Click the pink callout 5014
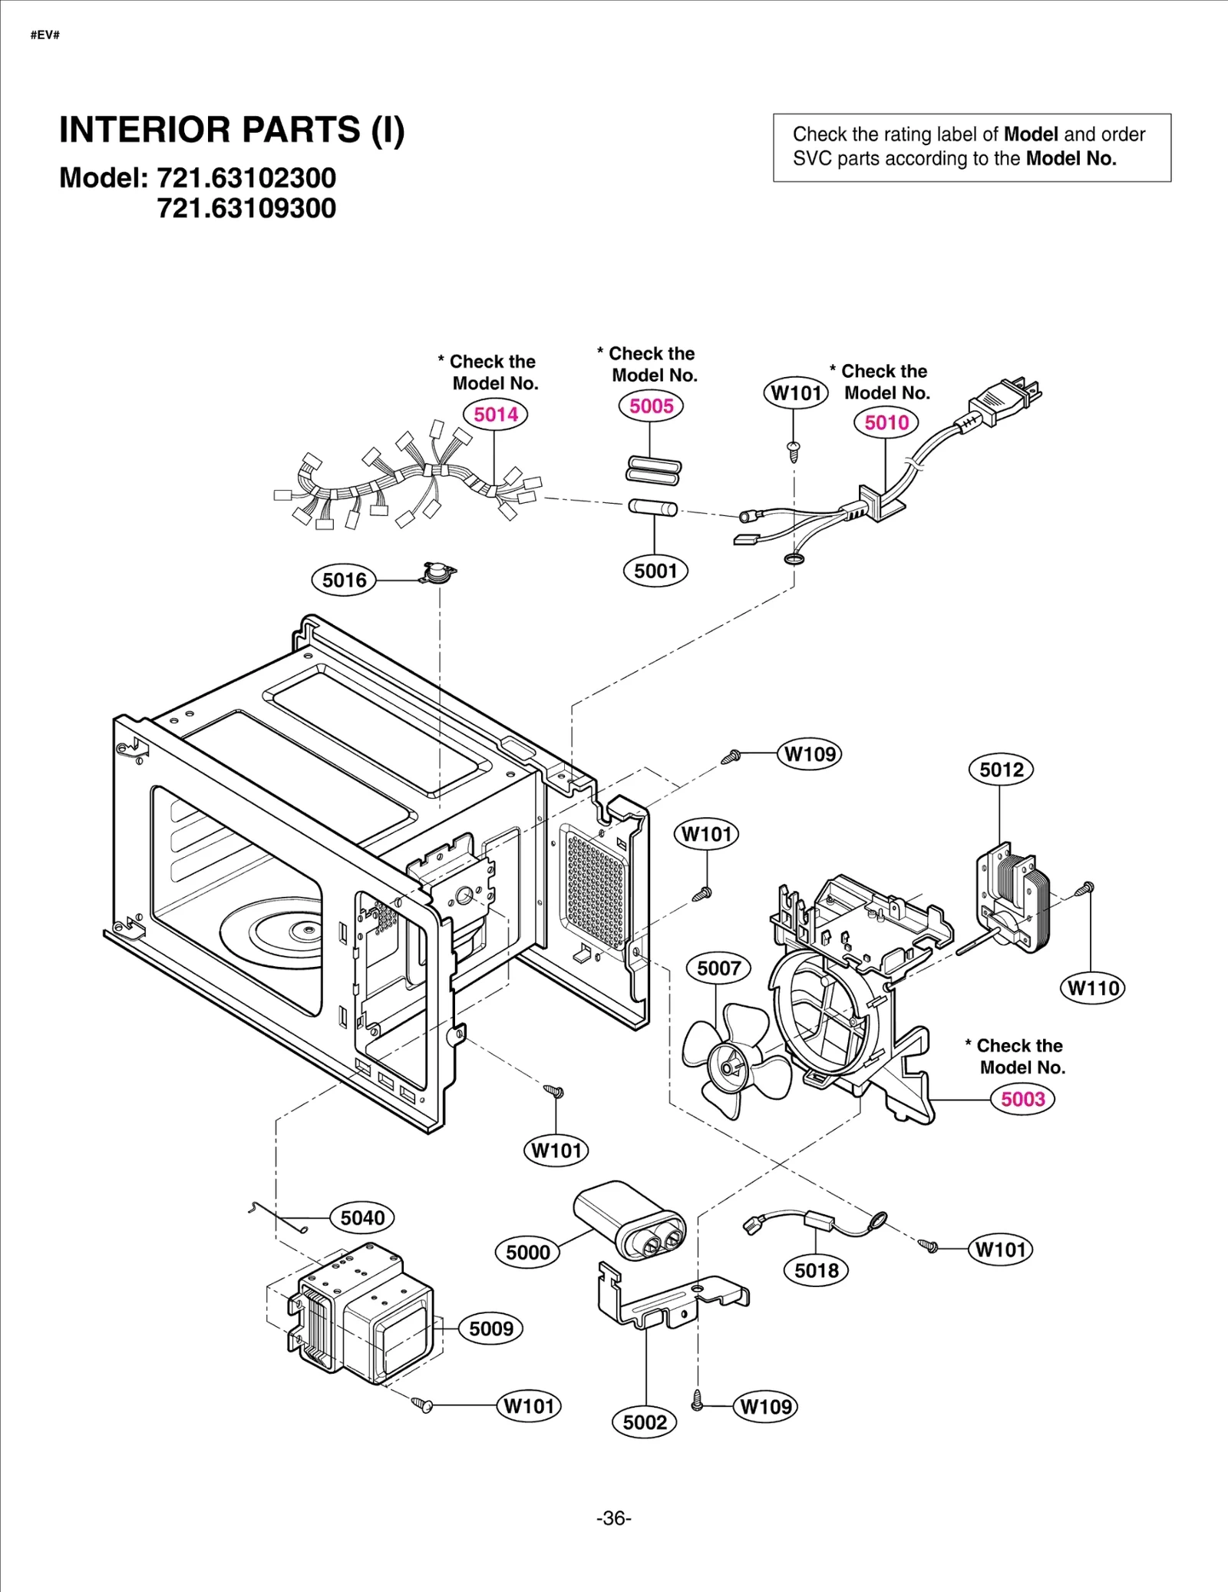coord(495,415)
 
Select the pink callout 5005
coord(651,406)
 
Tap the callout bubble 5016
coord(344,580)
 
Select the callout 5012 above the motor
coord(1001,770)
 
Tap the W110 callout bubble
coord(1093,988)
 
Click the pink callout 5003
coord(1022,1099)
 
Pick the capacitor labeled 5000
coord(629,1220)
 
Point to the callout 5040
coord(362,1218)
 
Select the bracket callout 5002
coord(645,1422)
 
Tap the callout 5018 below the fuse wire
coord(816,1270)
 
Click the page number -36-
coord(613,1518)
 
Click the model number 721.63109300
coord(246,208)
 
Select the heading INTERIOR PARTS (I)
coord(232,130)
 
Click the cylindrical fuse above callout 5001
coord(652,508)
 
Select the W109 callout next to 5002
coord(765,1407)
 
